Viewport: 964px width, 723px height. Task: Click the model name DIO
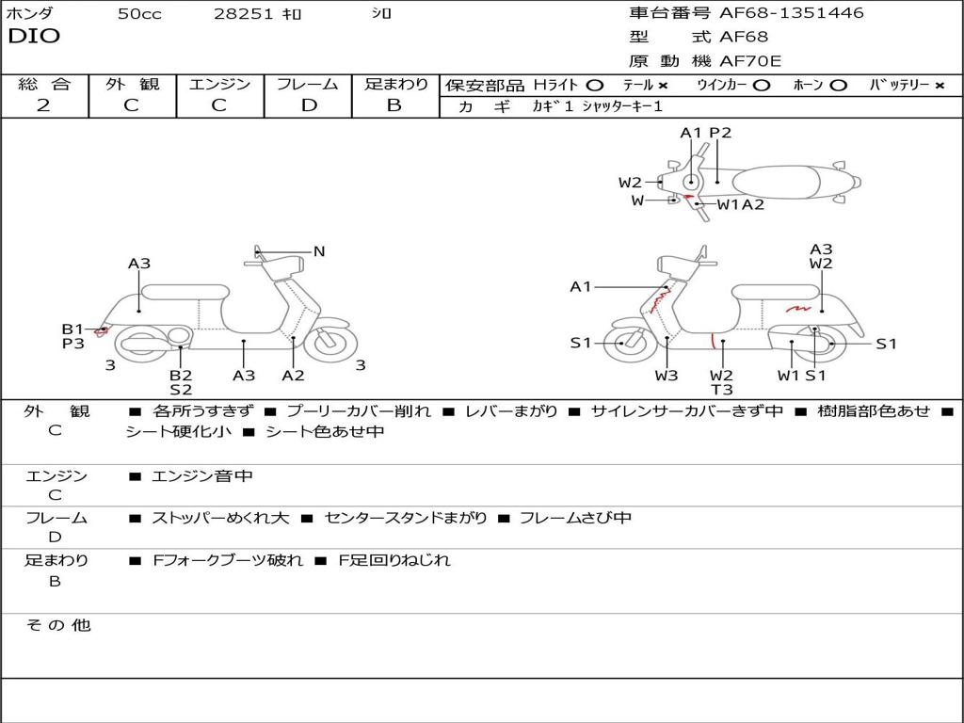[x=34, y=37]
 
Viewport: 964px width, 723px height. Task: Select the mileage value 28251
[x=243, y=14]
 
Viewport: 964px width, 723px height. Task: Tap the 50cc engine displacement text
[x=139, y=14]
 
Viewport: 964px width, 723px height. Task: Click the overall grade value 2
[x=43, y=105]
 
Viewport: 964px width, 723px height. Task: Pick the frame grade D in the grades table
[x=309, y=105]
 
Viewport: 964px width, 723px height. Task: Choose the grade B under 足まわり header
[x=394, y=105]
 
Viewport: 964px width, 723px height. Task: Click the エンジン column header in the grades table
[x=220, y=84]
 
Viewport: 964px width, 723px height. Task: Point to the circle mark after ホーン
[x=838, y=85]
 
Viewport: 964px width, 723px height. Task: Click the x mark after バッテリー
[x=939, y=85]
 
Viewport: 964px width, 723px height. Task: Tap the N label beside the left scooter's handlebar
[x=319, y=251]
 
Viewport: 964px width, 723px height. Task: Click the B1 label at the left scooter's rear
[x=72, y=329]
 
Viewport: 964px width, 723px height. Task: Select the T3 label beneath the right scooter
[x=722, y=390]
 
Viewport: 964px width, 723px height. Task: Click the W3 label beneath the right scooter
[x=667, y=376]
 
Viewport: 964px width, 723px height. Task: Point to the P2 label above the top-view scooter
[x=720, y=133]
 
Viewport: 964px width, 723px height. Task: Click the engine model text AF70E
[x=750, y=61]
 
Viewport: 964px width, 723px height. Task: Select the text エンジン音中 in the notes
[x=202, y=476]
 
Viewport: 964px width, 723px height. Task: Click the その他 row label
[x=57, y=625]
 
